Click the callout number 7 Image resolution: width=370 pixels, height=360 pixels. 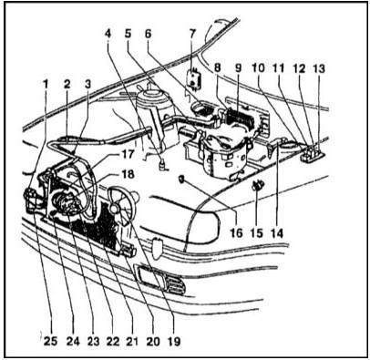click(191, 34)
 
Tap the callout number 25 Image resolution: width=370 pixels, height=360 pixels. click(51, 341)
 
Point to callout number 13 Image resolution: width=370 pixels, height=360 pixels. click(319, 68)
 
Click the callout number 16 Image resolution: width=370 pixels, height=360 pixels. click(236, 233)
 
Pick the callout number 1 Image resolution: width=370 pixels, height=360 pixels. click(46, 84)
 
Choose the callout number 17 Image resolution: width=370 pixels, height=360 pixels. click(128, 154)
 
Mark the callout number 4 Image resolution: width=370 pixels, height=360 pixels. click(108, 34)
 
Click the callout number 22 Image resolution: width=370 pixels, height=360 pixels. click(112, 341)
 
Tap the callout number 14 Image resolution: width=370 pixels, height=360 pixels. click(276, 233)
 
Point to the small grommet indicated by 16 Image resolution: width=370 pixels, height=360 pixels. click(181, 180)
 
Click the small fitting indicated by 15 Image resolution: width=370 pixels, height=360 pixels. click(258, 185)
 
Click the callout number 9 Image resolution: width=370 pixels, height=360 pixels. click(238, 68)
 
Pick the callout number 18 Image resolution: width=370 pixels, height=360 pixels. click(128, 175)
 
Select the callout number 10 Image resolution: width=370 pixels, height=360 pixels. click(259, 68)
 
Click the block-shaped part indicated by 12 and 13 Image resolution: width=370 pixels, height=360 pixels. click(313, 152)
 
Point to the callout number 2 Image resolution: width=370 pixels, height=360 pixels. click(67, 84)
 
